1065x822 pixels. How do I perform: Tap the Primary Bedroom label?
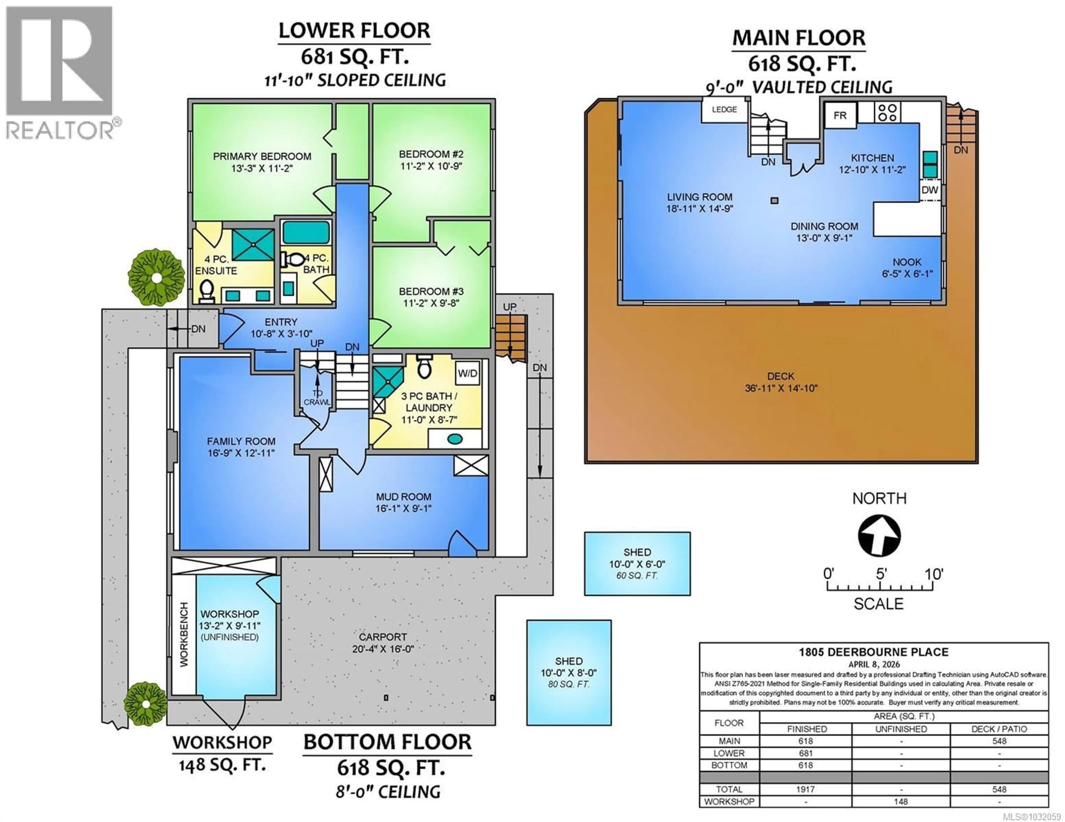(262, 157)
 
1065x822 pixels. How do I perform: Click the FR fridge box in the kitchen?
(840, 116)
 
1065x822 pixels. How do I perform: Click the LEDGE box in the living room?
(724, 110)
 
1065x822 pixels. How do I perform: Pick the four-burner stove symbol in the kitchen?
(887, 112)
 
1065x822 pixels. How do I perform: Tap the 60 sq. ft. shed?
(637, 564)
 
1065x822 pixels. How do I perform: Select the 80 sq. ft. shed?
(569, 672)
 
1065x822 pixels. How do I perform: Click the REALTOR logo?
(60, 73)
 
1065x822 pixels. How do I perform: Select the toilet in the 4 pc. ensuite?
(207, 290)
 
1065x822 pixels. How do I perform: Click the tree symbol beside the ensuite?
(156, 278)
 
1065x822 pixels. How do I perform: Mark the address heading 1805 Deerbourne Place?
(873, 652)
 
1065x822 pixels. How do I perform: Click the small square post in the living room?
(774, 200)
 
